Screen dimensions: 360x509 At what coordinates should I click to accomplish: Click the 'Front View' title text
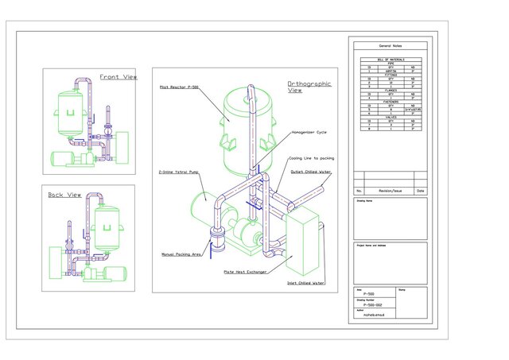119,77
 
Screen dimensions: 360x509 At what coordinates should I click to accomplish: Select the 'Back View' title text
65,195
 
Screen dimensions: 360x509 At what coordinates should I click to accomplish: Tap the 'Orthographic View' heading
309,87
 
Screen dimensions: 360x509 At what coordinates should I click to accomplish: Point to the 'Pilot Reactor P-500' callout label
179,87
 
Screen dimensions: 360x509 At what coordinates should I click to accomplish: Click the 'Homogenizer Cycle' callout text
309,132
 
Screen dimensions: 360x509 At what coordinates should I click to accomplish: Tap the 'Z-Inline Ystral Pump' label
177,172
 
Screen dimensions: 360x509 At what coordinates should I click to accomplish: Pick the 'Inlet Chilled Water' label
306,283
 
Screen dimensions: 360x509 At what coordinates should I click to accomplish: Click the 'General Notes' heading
390,46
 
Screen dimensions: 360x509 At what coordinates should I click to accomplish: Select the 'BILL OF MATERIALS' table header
390,60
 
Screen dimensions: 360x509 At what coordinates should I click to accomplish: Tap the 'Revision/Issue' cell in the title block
390,191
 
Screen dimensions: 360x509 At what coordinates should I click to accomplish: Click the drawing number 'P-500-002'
374,304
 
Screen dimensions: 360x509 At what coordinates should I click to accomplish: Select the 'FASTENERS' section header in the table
390,101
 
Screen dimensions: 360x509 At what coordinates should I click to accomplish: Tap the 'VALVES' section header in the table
390,117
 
